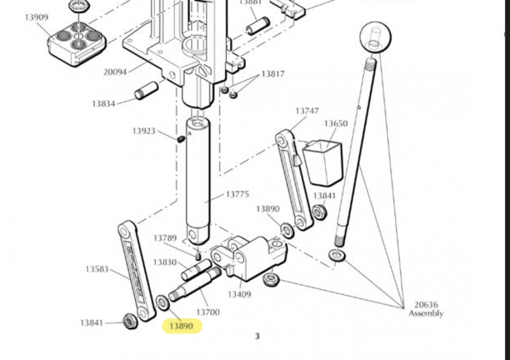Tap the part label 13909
point(37,17)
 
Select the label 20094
point(115,72)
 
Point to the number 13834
point(104,104)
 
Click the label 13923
point(144,131)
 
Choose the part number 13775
point(237,194)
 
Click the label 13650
point(336,123)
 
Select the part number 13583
point(97,269)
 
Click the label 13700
point(208,312)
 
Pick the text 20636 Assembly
point(426,309)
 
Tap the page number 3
point(258,336)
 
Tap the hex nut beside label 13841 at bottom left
point(130,321)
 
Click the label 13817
point(273,74)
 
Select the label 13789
point(165,238)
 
